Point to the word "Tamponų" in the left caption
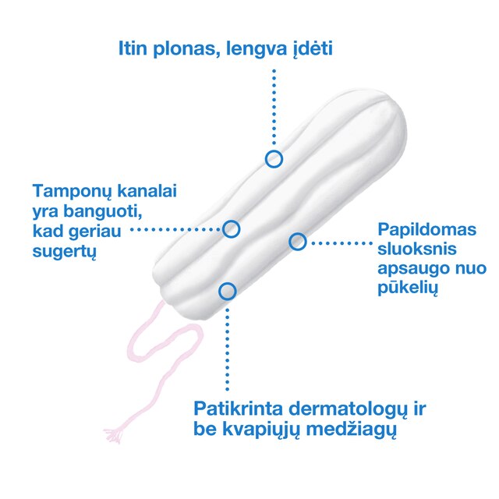point(73,192)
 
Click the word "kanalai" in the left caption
point(147,190)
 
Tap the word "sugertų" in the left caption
point(64,251)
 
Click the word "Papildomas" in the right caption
point(426,231)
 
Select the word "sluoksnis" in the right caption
point(417,249)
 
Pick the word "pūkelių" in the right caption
point(408,288)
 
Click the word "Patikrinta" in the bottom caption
point(239,409)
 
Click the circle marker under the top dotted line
point(274,159)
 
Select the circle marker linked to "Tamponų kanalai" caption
point(231,228)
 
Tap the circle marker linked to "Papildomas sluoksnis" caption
point(298,242)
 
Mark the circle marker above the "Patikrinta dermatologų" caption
point(227,291)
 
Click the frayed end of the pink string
point(113,435)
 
